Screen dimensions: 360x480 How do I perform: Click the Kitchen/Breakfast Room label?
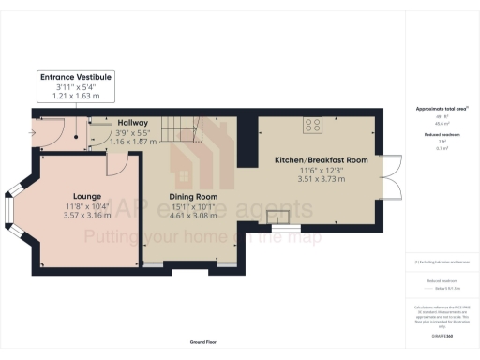321,159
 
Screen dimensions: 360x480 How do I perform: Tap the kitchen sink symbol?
278,218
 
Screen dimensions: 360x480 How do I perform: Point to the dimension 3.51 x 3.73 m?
321,178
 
